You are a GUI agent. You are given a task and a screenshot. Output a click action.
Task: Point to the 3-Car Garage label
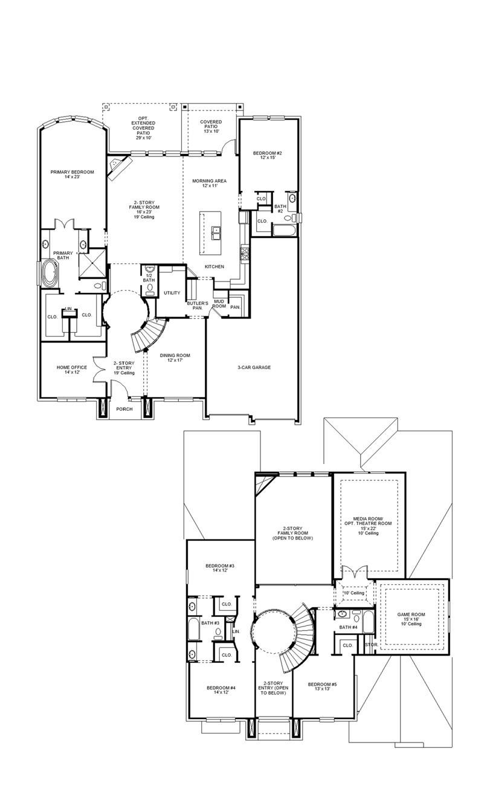(253, 367)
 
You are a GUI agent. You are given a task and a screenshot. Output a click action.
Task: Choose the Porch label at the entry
(124, 409)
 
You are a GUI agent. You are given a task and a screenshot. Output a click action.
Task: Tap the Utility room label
(172, 293)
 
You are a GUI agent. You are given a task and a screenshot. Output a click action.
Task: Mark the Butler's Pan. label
(198, 305)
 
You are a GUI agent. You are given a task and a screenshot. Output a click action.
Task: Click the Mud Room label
(219, 303)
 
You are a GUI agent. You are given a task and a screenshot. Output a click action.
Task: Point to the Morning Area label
(209, 183)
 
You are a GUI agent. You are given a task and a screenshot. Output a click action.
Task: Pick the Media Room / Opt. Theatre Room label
(368, 524)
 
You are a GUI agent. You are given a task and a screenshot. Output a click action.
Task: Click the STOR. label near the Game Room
(371, 645)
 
